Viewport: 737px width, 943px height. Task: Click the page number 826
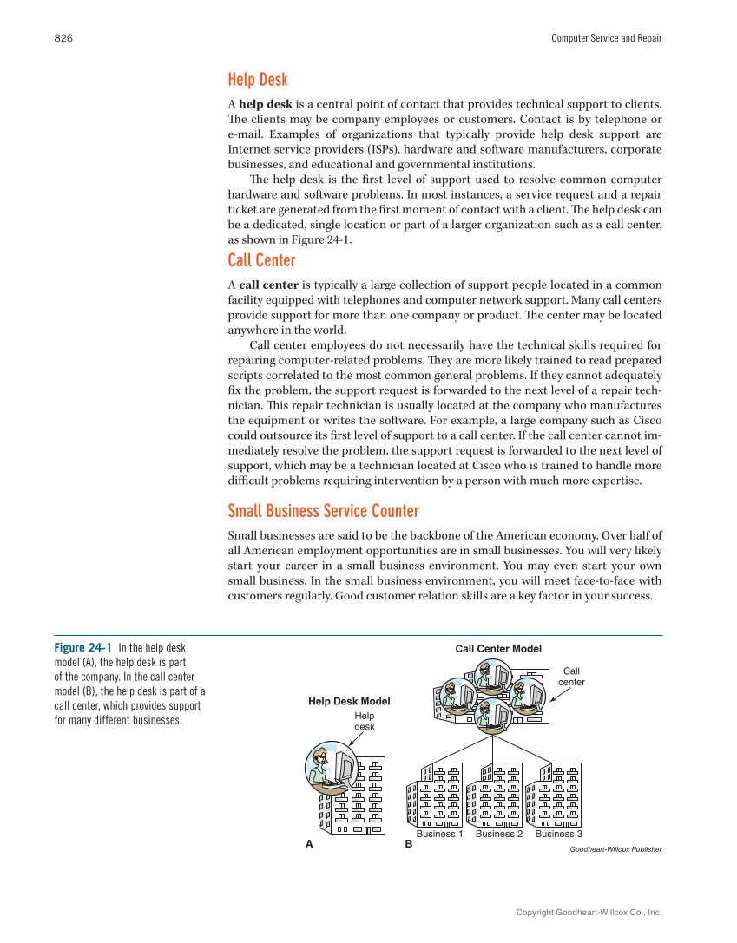pyautogui.click(x=63, y=38)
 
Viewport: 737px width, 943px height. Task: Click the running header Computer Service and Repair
pyautogui.click(x=606, y=38)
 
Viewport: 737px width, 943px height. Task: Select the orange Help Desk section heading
pyautogui.click(x=257, y=80)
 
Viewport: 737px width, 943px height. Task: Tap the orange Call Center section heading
pyautogui.click(x=261, y=260)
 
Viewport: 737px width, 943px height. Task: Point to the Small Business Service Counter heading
pyautogui.click(x=323, y=510)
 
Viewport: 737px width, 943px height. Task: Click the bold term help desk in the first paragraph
pyautogui.click(x=267, y=105)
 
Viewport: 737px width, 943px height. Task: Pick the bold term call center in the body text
pyautogui.click(x=268, y=285)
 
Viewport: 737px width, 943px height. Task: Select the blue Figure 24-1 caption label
pyautogui.click(x=83, y=648)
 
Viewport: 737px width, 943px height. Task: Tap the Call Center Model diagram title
pyautogui.click(x=498, y=649)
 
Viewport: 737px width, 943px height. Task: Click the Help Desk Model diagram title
pyautogui.click(x=349, y=701)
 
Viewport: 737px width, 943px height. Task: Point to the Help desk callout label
pyautogui.click(x=364, y=721)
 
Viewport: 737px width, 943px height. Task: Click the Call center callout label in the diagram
pyautogui.click(x=571, y=677)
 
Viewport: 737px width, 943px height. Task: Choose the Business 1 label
pyautogui.click(x=439, y=834)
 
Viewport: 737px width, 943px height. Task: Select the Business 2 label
pyautogui.click(x=499, y=834)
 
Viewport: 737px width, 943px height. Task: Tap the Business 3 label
pyautogui.click(x=558, y=834)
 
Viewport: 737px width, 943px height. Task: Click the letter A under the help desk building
pyautogui.click(x=308, y=844)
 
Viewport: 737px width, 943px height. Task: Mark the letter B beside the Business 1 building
pyautogui.click(x=408, y=844)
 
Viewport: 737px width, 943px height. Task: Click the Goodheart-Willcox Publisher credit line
pyautogui.click(x=615, y=849)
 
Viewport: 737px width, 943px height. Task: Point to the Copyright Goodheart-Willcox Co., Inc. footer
pyautogui.click(x=589, y=913)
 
